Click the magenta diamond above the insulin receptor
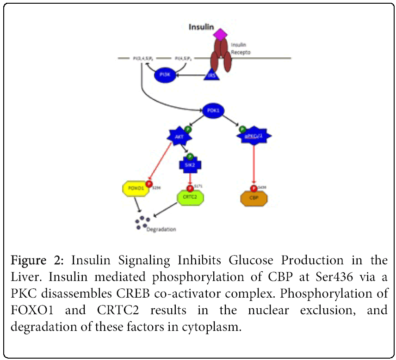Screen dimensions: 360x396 tap(220, 34)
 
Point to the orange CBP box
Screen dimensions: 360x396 tap(254, 198)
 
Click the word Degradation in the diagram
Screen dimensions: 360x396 tap(161, 229)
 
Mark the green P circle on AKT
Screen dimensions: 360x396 tap(188, 129)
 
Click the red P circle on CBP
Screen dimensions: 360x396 tap(254, 188)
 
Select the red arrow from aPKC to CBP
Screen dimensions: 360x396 tap(254, 164)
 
